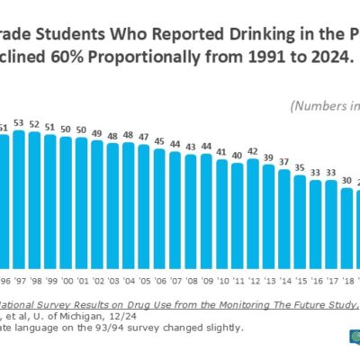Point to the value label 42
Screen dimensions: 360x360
[x=253, y=150]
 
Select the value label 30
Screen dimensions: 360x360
[x=346, y=180]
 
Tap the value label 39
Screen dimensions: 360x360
[x=268, y=157]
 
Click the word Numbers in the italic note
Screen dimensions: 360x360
[x=319, y=104]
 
